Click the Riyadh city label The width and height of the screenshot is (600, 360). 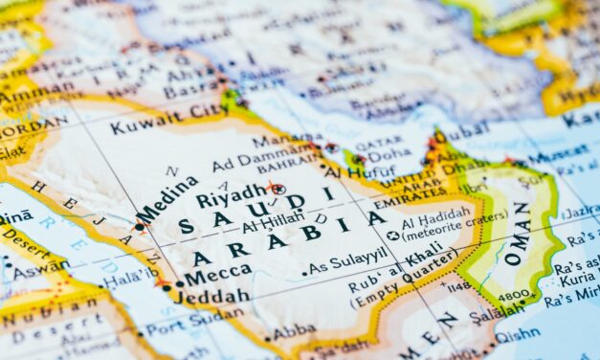231,198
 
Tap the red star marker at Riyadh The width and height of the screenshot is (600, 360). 276,189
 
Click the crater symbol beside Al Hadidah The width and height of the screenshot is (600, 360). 392,235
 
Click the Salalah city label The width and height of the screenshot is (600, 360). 496,310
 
